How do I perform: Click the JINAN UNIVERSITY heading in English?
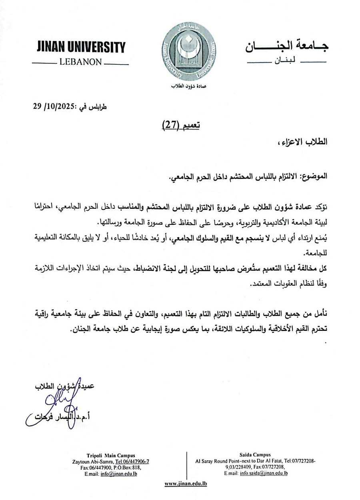point(80,48)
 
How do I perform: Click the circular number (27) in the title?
point(170,125)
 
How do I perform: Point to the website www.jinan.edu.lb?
point(186,484)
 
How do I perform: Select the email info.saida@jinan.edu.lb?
point(264,473)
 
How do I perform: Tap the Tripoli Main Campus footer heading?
point(111,455)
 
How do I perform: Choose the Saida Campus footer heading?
point(255,455)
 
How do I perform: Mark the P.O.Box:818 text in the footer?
point(127,467)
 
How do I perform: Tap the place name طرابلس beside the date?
point(98,107)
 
